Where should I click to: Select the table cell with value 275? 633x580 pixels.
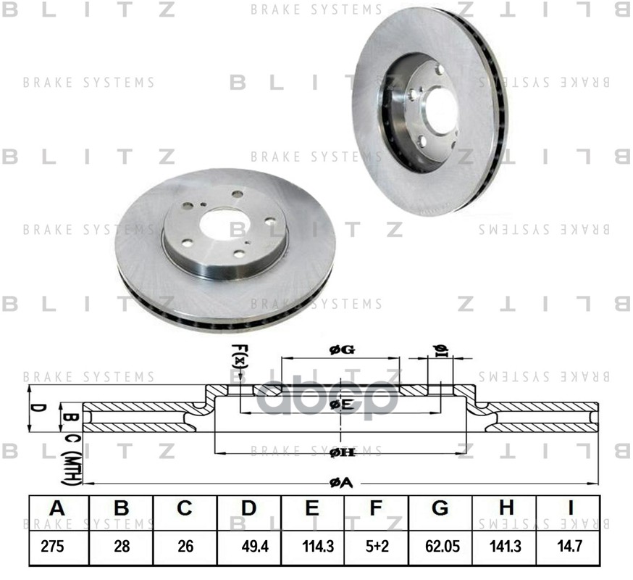click(54, 547)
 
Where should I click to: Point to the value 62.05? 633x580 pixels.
click(439, 547)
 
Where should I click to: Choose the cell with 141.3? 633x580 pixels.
click(505, 547)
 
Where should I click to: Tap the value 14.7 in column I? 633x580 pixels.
click(568, 547)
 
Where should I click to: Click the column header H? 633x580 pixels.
click(506, 508)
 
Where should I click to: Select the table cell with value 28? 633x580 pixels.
click(121, 547)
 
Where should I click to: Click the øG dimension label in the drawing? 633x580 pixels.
click(341, 349)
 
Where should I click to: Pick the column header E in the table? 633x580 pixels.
click(312, 508)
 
